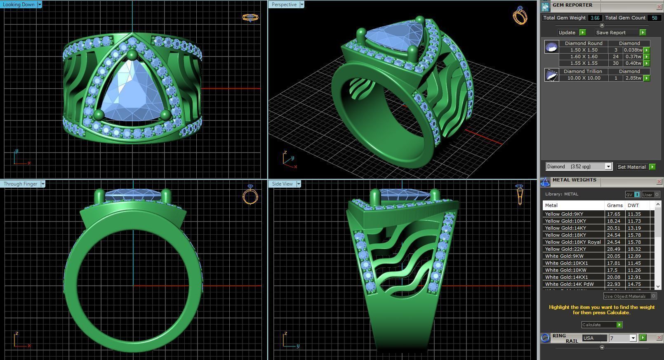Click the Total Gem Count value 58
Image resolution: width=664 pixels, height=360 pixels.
point(654,18)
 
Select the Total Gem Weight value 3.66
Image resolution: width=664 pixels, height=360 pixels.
point(594,18)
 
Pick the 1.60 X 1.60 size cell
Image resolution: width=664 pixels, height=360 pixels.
point(584,56)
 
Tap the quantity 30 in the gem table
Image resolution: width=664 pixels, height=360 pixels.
point(616,63)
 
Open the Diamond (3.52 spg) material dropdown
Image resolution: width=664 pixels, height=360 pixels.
point(608,167)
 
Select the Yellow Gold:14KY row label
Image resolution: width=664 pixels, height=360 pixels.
point(565,228)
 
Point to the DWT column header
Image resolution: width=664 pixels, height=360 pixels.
point(633,205)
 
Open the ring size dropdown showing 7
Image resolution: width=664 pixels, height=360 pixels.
point(633,338)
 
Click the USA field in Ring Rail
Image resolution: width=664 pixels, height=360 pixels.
point(594,338)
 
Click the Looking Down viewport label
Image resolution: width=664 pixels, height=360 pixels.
point(19,5)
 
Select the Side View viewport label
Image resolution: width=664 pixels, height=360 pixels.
point(282,184)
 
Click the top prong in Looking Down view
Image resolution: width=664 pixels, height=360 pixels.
point(132,55)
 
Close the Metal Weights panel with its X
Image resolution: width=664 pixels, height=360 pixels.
point(659,181)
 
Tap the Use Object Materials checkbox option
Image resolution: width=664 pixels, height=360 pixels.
point(653,296)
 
